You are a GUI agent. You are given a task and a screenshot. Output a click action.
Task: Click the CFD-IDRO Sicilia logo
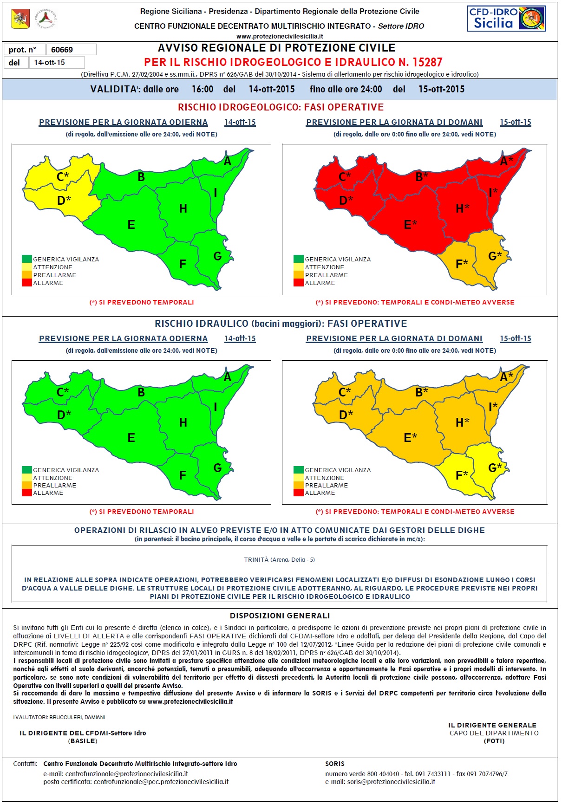coord(506,19)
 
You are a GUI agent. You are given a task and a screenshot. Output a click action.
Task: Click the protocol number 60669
coord(62,50)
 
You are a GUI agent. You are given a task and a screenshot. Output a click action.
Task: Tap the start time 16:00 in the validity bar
coord(203,89)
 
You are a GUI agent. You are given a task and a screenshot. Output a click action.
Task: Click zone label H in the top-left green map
coord(183,209)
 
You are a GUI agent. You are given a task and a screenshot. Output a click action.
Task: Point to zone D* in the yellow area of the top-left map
coord(64,201)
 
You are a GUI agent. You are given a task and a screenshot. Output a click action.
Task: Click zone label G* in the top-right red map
coord(495,256)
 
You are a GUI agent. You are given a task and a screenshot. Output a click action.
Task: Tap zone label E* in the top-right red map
coord(411,225)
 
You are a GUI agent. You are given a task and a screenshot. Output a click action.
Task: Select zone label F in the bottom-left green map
coord(183,475)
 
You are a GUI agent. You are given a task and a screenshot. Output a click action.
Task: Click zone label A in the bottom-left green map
coord(228,377)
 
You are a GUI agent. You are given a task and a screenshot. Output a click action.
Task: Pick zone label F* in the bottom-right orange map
coord(462,475)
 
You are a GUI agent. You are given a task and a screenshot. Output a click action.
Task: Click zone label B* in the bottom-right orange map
coord(422,392)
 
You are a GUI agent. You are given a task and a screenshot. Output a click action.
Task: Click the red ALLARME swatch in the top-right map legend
coord(299,283)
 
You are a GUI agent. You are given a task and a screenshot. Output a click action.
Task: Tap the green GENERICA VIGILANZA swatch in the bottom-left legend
coord(27,470)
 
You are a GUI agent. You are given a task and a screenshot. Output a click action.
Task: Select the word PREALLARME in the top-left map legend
coord(55,275)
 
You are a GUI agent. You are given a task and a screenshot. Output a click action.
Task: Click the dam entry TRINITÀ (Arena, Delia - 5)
coord(280,559)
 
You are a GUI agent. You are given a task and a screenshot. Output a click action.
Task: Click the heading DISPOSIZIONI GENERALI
coord(280,616)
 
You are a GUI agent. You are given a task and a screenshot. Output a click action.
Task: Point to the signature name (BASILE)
coord(83,741)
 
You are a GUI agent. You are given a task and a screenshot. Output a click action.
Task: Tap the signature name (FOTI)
coord(494,741)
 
